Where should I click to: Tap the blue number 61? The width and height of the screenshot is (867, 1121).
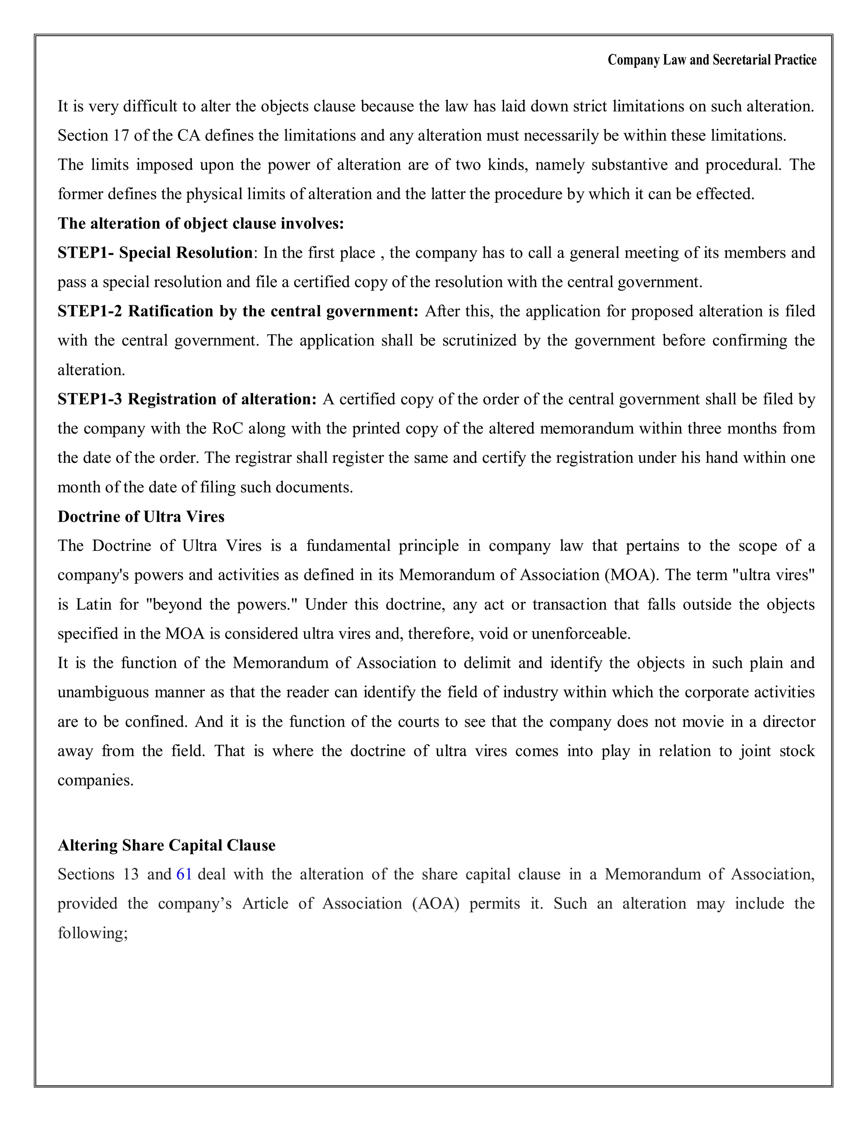(184, 874)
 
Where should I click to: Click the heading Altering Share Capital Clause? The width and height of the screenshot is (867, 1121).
(166, 845)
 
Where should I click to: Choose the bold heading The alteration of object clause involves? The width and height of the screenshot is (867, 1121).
(200, 223)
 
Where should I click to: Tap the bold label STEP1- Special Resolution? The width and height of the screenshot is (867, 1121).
(155, 253)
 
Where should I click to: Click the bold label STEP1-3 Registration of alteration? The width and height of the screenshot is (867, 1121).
(187, 399)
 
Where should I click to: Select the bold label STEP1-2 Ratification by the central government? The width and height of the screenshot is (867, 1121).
(238, 311)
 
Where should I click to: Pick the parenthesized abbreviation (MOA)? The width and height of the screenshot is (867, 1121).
(629, 575)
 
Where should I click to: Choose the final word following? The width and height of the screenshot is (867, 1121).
(92, 933)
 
